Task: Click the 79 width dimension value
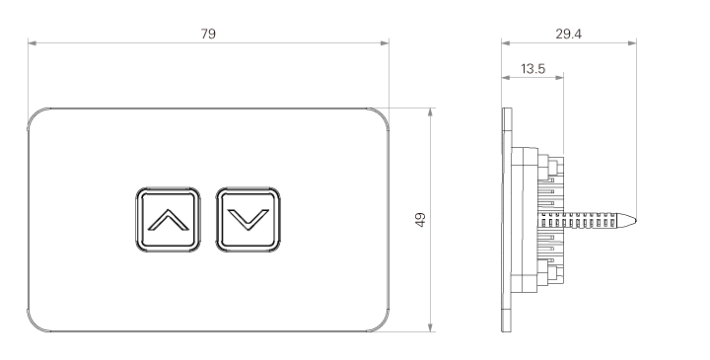coord(208,34)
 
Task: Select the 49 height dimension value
coord(421,220)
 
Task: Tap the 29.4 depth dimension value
coord(568,34)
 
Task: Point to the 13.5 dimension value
coord(532,69)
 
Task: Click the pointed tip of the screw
coord(635,221)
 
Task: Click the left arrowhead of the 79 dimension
coord(32,43)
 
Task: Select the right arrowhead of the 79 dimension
coord(385,43)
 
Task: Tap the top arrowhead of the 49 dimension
coord(430,111)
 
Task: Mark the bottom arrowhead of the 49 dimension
coord(430,327)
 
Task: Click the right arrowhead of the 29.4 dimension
coord(632,43)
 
